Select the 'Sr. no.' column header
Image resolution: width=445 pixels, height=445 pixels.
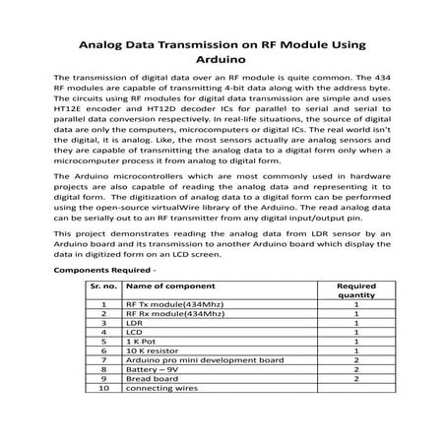[x=103, y=284]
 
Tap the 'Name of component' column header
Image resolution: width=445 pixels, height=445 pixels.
[x=167, y=284]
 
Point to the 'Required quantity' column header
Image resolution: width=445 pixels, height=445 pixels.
[x=355, y=288]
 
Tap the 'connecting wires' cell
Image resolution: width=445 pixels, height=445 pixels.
[x=159, y=388]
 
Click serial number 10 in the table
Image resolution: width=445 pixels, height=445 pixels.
[x=103, y=388]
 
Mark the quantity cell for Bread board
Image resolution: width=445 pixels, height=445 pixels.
[x=355, y=379]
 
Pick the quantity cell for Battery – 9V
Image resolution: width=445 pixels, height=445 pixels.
[x=355, y=369]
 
